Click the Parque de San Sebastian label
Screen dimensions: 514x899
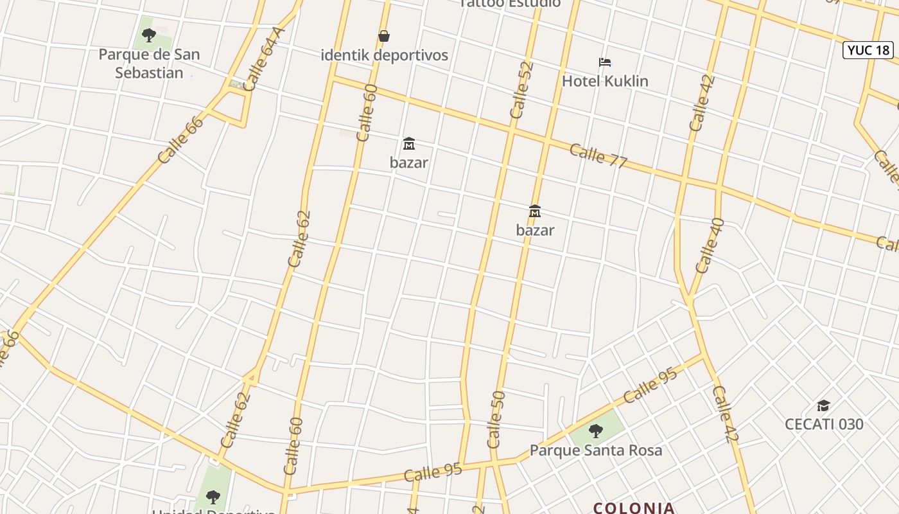[x=149, y=64]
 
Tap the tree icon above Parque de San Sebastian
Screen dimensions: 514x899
[x=149, y=35]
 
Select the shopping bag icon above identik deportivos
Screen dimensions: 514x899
[x=384, y=36]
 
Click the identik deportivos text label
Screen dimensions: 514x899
[x=384, y=55]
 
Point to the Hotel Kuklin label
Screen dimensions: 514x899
[x=605, y=81]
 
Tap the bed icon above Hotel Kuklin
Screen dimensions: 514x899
[x=605, y=62]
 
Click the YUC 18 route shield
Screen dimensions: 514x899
[x=868, y=50]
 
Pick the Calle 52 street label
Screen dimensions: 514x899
[x=521, y=91]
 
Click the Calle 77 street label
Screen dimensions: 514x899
[x=598, y=155]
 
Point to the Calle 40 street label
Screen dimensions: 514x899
[x=710, y=246]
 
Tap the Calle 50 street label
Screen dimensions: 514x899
[x=496, y=419]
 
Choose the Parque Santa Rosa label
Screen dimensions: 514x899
[x=595, y=450]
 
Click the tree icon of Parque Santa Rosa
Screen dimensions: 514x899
[x=596, y=431]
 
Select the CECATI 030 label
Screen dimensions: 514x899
[x=824, y=424]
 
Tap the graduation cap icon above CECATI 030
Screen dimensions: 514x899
[x=823, y=405]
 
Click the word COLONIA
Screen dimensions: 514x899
[x=634, y=508]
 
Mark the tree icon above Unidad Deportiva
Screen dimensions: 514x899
[x=213, y=497]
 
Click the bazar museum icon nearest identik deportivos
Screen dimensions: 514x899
[x=408, y=143]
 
